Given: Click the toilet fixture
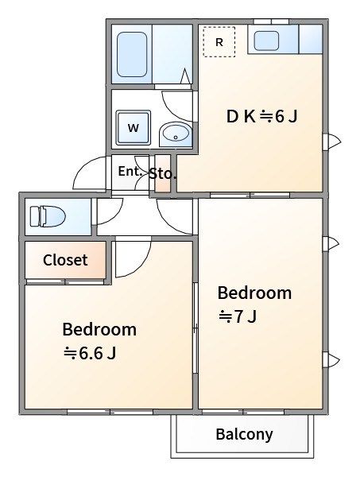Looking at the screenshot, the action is click(48, 216).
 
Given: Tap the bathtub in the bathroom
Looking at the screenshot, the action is click(132, 54).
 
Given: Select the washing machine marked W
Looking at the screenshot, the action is click(134, 127).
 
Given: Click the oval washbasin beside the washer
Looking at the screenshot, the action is click(176, 134).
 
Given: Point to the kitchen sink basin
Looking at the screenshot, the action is click(266, 41).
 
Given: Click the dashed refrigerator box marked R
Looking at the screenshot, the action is click(219, 41).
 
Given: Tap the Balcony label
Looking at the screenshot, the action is click(244, 434).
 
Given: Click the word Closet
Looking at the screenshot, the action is click(65, 260).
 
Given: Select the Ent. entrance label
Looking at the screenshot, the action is click(130, 171).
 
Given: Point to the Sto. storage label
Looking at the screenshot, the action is click(163, 174).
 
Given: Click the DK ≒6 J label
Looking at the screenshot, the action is click(261, 117).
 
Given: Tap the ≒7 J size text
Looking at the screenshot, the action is click(238, 316).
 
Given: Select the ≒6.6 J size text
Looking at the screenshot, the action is click(89, 353).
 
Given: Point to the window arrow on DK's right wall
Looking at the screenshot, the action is click(332, 142).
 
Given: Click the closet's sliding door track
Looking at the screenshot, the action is click(65, 281).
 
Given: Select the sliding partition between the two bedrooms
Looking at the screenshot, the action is click(195, 328).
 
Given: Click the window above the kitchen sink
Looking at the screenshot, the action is click(271, 21).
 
